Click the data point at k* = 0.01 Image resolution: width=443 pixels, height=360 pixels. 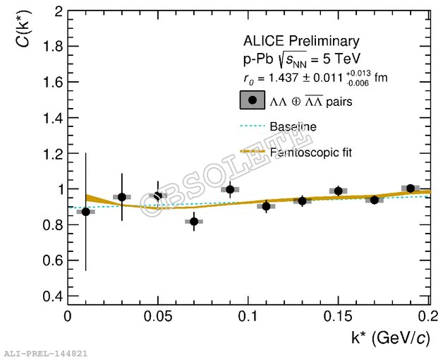coord(86,211)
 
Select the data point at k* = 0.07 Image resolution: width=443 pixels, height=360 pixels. coord(194,222)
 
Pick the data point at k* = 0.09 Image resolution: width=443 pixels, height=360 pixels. coord(230,189)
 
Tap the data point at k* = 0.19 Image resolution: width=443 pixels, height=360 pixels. coord(411,188)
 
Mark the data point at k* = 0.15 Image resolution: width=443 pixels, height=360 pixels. coord(339,191)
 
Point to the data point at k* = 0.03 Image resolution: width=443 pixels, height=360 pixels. coord(122,197)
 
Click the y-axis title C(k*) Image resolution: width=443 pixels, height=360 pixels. coord(23,31)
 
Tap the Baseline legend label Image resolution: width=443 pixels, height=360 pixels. coord(293,127)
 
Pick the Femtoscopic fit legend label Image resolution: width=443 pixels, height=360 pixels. coord(310,152)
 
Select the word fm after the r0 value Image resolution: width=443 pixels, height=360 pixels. coord(381,78)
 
